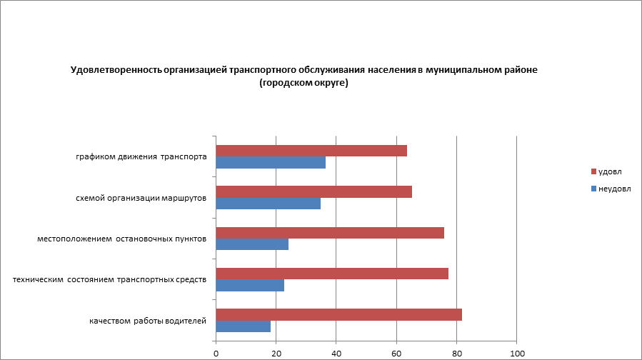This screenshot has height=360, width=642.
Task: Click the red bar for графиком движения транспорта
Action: tap(311, 151)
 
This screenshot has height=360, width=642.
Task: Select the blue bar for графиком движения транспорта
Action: tap(271, 163)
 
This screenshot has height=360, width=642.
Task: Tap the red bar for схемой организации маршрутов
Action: tap(314, 191)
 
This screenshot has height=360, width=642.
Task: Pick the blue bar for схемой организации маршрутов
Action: tap(268, 204)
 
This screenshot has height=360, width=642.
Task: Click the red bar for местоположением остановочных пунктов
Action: tap(330, 233)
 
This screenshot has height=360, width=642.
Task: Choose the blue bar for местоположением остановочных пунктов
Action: tap(252, 244)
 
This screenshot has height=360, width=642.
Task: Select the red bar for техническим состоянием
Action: tap(332, 274)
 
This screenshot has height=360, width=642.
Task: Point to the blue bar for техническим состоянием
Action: tap(250, 286)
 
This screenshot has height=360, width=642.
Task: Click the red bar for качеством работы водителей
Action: tap(338, 314)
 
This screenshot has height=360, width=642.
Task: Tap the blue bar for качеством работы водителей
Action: tap(243, 326)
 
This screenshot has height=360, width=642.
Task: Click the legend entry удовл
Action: tap(609, 172)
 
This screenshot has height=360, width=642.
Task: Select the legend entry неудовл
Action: tap(613, 189)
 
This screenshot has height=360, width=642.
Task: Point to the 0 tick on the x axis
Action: tap(216, 353)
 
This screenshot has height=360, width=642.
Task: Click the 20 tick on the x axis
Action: tap(276, 353)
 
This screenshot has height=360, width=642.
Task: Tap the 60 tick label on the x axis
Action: tap(396, 353)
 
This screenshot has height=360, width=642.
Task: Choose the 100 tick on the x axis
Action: tap(517, 353)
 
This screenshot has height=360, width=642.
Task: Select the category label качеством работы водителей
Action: tap(148, 321)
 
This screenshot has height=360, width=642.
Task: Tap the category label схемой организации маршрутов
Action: tap(141, 198)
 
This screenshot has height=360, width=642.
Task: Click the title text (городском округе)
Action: tap(304, 83)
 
